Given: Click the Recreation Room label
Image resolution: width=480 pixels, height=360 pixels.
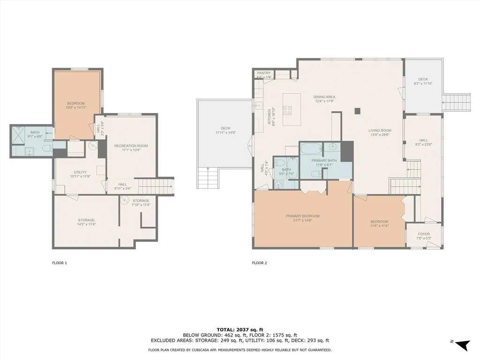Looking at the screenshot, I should point(131,146).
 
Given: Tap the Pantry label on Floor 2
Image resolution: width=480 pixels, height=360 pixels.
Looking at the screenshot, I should point(264,73).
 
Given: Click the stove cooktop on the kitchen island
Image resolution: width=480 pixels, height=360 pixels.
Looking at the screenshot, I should point(287,110).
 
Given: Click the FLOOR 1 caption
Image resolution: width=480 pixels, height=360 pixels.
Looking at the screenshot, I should point(59,263).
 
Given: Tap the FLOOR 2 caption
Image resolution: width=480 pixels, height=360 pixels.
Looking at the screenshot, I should point(259,263).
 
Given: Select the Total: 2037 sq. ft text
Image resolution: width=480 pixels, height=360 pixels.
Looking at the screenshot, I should point(240,330).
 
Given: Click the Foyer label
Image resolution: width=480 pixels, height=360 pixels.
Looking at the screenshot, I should point(424,234).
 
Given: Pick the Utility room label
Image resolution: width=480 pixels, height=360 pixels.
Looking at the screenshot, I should point(80,172).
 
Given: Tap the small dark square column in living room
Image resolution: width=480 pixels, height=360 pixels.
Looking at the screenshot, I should point(357,111).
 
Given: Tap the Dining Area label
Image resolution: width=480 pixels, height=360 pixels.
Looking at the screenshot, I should point(324,97).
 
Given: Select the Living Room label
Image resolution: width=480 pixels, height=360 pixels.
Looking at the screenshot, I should point(380,130).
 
